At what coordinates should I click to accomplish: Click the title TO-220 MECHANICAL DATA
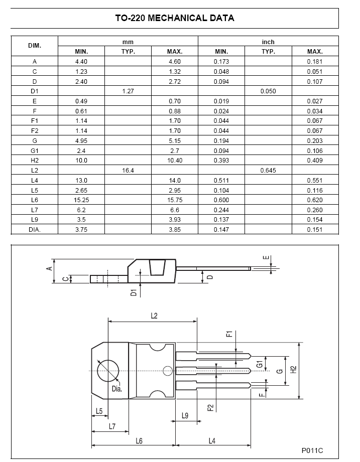(x=175, y=18)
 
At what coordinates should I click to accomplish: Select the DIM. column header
(x=35, y=46)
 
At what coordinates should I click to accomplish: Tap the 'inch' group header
(x=268, y=42)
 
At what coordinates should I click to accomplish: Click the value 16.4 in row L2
(x=128, y=171)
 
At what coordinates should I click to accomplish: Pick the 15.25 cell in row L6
(x=81, y=200)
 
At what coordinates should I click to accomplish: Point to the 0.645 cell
(x=268, y=171)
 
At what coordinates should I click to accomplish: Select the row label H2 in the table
(x=35, y=161)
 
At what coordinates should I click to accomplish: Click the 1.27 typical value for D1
(x=128, y=91)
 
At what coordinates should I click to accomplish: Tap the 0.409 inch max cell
(x=315, y=161)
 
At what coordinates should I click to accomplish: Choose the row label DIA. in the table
(x=35, y=230)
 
